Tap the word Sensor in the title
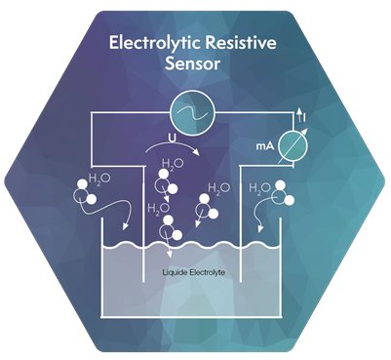click(192, 63)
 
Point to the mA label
click(265, 146)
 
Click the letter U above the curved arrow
click(171, 140)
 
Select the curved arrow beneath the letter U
click(173, 145)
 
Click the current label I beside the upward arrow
click(304, 118)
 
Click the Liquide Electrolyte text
click(194, 272)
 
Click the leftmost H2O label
click(99, 179)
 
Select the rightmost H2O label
click(259, 188)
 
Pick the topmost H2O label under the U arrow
click(173, 163)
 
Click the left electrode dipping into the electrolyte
click(143, 223)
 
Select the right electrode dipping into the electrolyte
click(241, 223)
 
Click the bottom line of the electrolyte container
click(191, 316)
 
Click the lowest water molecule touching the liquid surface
click(169, 230)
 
